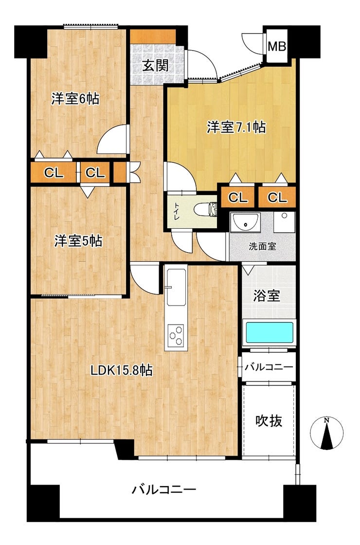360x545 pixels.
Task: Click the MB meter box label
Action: point(277,46)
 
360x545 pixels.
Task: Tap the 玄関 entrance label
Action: point(155,65)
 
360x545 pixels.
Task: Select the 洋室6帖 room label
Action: point(75,99)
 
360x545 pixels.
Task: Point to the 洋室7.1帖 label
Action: point(236,127)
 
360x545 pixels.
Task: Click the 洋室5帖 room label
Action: point(78,241)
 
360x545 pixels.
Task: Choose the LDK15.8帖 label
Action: point(121,370)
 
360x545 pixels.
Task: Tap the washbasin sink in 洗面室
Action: point(245,222)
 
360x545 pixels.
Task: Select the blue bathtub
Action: point(269,333)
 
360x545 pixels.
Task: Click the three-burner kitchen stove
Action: point(176,335)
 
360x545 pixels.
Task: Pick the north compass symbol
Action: point(326,433)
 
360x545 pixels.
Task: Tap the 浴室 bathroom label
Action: point(267,296)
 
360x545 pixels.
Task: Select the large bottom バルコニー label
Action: point(163,490)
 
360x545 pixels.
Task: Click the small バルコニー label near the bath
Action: point(269,367)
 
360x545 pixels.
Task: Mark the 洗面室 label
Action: point(262,246)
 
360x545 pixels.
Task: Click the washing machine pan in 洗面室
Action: point(284,222)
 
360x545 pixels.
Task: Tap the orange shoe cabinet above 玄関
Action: point(153,37)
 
